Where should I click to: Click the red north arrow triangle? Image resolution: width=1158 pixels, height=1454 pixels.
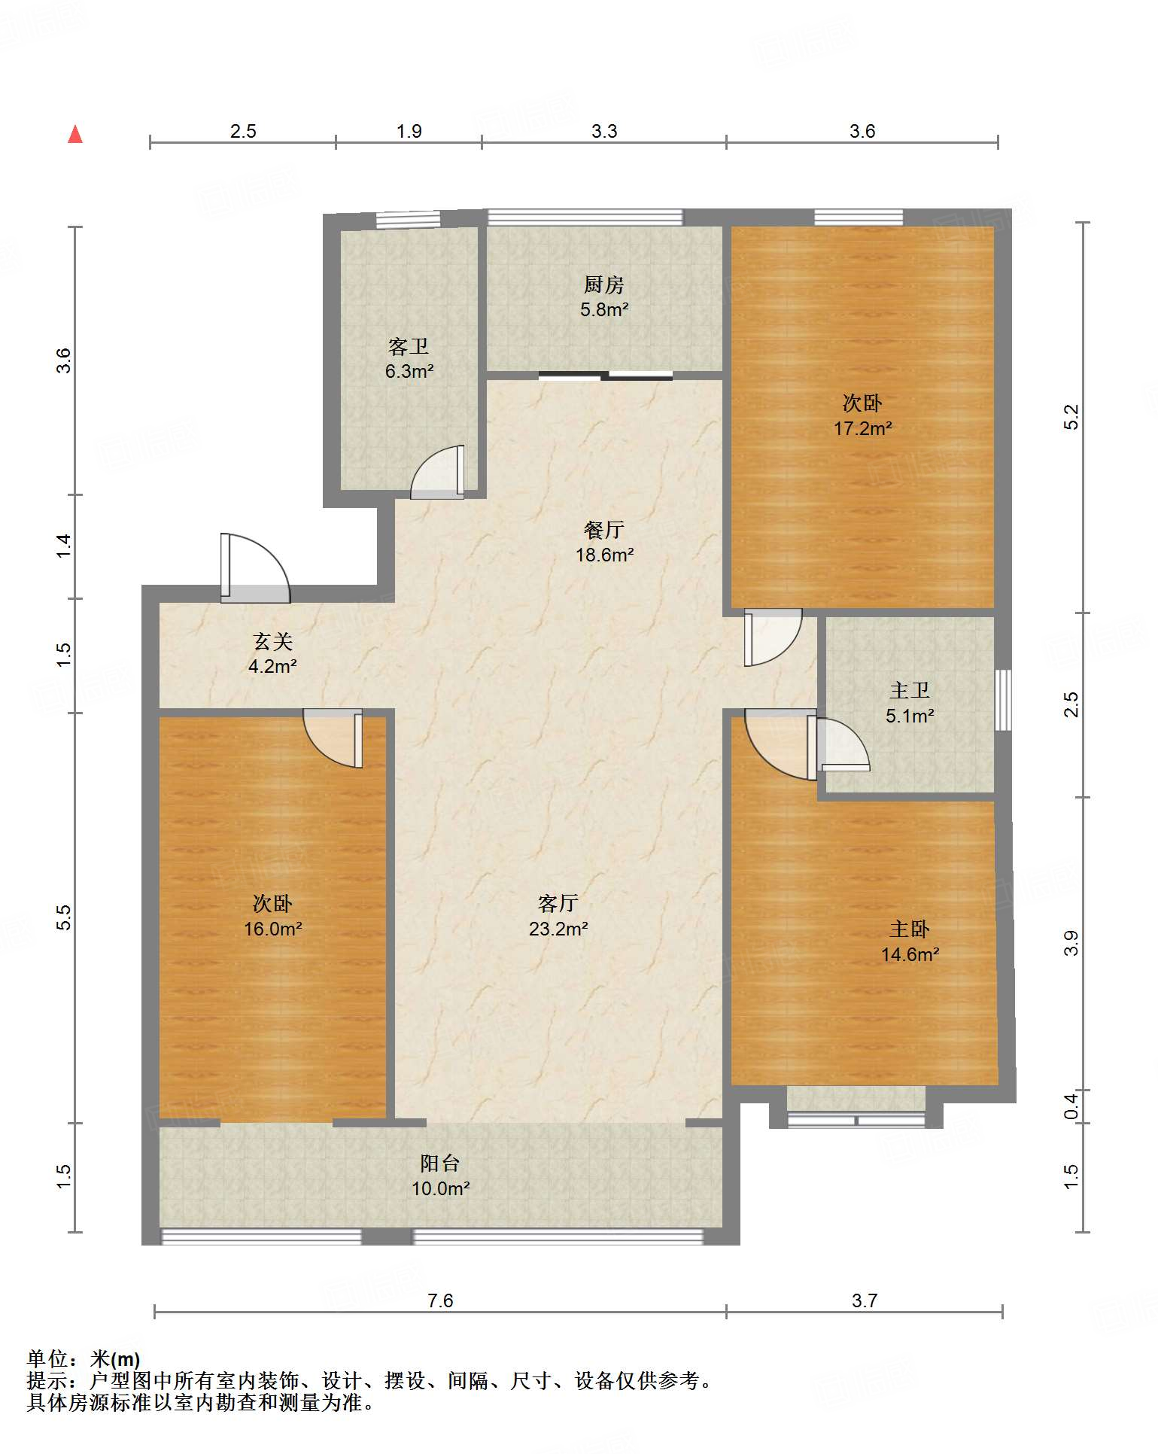point(75,134)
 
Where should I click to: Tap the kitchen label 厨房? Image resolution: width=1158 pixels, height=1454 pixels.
point(603,284)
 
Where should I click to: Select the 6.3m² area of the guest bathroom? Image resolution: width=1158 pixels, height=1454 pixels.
point(409,371)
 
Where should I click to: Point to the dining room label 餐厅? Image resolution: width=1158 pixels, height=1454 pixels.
point(603,530)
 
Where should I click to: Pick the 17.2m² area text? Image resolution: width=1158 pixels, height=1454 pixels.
point(862,428)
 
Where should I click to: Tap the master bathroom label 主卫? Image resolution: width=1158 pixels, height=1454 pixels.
point(910,690)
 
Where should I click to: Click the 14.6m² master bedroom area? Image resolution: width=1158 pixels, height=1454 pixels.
point(910,955)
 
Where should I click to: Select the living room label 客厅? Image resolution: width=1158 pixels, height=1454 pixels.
point(558,903)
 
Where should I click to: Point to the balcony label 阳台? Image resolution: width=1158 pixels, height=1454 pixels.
point(440,1164)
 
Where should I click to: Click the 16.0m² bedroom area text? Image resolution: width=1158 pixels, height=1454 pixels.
point(272,929)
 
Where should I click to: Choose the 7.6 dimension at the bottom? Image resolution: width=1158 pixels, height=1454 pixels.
point(440,1300)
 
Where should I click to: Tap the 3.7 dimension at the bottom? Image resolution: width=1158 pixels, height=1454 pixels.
point(865,1300)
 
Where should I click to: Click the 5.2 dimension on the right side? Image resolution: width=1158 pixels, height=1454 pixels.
point(1071,417)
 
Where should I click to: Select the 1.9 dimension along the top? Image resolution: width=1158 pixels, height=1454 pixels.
point(409,131)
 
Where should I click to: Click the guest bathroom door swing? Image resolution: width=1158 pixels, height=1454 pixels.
point(437,472)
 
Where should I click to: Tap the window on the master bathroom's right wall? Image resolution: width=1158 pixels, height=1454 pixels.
point(1003,700)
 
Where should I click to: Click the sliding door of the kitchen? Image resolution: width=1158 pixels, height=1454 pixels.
point(606,375)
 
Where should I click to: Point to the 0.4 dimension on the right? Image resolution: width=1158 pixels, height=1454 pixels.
point(1071,1106)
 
